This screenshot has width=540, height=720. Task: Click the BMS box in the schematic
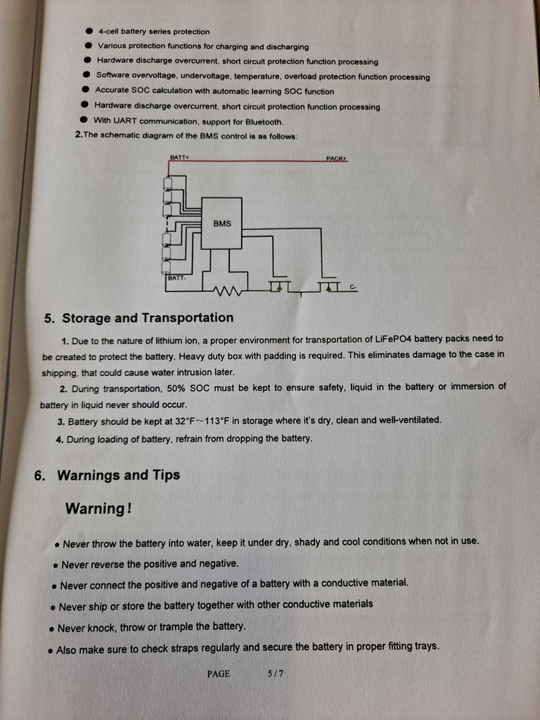[x=221, y=223]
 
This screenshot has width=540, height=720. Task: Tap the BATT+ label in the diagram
[x=179, y=157]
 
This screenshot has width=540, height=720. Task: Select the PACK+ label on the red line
[x=336, y=158]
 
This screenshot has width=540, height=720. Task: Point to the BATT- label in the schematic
[x=176, y=278]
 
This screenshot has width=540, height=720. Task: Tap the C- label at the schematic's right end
[x=353, y=287]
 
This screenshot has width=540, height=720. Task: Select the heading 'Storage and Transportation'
[x=147, y=318]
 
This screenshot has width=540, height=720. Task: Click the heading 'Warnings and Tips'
[x=118, y=475]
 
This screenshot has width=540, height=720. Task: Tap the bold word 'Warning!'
[x=98, y=508]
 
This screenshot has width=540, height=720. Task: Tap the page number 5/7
[x=276, y=674]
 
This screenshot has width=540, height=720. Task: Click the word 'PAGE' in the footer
[x=218, y=674]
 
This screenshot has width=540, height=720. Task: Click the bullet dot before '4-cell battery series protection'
[x=89, y=31]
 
